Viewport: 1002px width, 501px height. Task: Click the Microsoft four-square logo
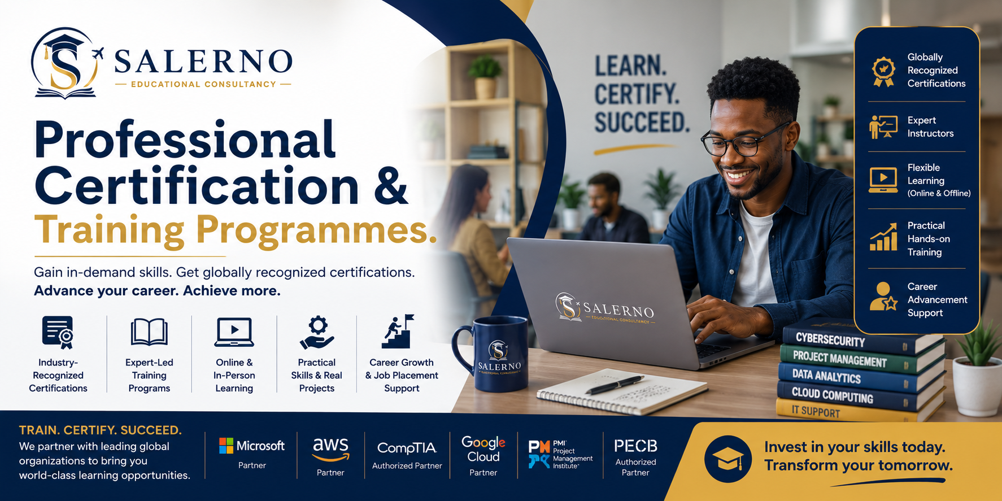pyautogui.click(x=226, y=446)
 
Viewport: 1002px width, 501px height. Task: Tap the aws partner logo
pyautogui.click(x=331, y=450)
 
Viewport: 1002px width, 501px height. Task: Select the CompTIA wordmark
pyautogui.click(x=407, y=448)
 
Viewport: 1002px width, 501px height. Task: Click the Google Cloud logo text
pyautogui.click(x=483, y=449)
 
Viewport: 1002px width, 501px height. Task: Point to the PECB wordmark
pyautogui.click(x=635, y=446)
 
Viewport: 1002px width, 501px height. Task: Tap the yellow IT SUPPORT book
pyautogui.click(x=847, y=411)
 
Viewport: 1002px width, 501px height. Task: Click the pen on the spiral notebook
pyautogui.click(x=615, y=385)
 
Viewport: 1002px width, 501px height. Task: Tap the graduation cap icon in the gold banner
pyautogui.click(x=728, y=459)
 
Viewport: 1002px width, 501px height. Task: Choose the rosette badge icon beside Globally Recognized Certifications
pyautogui.click(x=883, y=71)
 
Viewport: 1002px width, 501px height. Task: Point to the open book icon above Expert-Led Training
pyautogui.click(x=149, y=332)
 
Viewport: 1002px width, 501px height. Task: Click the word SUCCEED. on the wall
pyautogui.click(x=642, y=123)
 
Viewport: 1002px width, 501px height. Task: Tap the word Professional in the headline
pyautogui.click(x=185, y=140)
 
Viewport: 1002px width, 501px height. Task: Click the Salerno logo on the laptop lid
pyautogui.click(x=605, y=308)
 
